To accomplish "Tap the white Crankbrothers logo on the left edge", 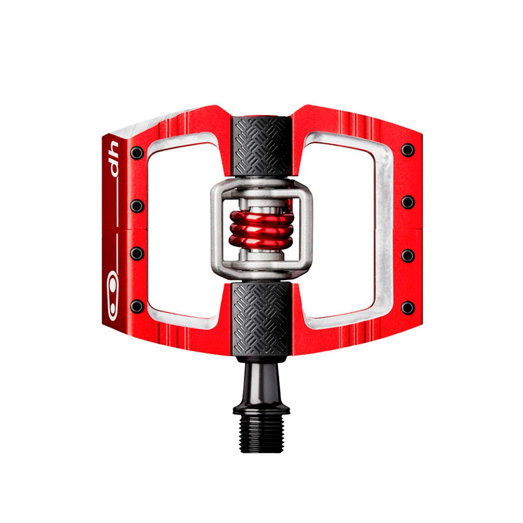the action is tap(113, 296).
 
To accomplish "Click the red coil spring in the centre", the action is tap(261, 228).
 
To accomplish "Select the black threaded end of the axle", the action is tap(261, 434).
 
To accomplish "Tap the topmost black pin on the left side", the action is tap(137, 153).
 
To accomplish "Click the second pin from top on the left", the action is tap(137, 206).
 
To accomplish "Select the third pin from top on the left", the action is tap(137, 253).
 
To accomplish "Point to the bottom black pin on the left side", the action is tap(137, 306).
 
